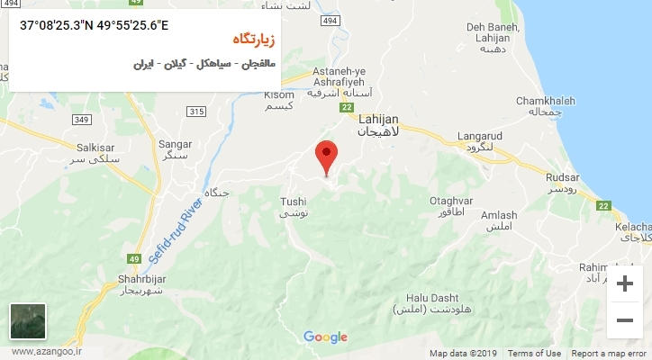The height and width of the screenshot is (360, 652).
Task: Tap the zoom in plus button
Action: pos(624,285)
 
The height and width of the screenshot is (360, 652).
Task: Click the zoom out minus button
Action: pos(624,319)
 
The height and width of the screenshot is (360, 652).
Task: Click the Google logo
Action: pos(325,337)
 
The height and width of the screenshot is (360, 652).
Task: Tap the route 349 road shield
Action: pos(81,120)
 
